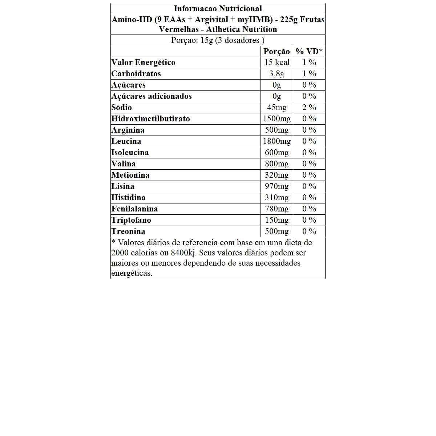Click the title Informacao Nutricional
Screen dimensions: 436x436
coord(218,8)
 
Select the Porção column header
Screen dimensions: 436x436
coord(276,52)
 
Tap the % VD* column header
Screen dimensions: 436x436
coord(309,52)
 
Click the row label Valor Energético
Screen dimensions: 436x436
coord(144,62)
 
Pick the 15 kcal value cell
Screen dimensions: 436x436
coord(276,62)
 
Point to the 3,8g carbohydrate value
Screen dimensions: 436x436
coord(276,74)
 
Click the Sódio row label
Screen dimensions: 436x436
coord(122,108)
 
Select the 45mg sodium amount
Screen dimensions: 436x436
coord(276,108)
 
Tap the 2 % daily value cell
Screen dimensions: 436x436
coord(309,108)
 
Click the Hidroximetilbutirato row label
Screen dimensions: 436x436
coord(150,119)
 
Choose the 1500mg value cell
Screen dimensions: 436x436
coord(276,119)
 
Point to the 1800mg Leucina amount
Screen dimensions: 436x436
coord(276,141)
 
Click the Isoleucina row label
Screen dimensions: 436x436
coord(130,153)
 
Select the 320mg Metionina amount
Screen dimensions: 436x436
coord(276,175)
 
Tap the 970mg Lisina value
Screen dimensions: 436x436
coord(276,186)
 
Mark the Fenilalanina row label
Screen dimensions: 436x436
coord(134,209)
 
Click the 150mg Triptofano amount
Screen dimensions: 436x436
coord(276,220)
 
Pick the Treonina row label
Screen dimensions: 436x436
coord(128,231)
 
